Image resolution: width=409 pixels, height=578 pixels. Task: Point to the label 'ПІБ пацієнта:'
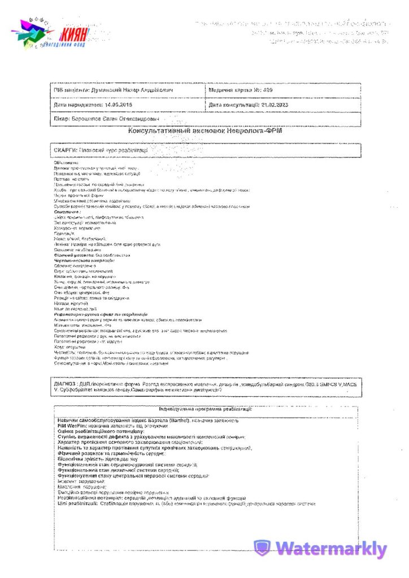click(71, 90)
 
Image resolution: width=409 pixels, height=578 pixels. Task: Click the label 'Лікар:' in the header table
click(62, 119)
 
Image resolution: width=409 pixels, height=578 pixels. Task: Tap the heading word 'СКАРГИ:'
click(65, 151)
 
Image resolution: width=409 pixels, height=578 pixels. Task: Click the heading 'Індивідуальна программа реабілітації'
click(206, 409)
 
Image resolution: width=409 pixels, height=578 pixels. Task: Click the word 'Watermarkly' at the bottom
click(332, 549)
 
